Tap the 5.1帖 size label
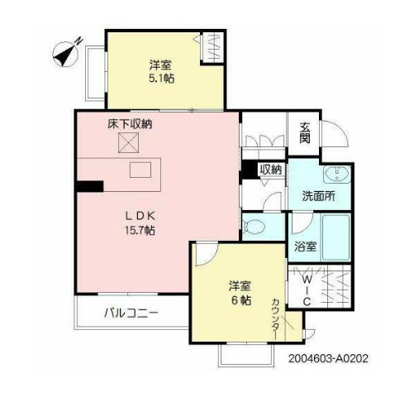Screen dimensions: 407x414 162,78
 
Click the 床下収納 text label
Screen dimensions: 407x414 129,124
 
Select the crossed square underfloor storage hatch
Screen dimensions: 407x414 127,144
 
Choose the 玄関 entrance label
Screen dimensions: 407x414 305,132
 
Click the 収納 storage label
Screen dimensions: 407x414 270,170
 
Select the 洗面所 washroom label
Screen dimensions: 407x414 318,196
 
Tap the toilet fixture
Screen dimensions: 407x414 256,225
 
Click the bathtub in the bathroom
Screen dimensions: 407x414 335,238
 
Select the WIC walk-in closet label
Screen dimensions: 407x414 304,290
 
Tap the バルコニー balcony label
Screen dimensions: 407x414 131,314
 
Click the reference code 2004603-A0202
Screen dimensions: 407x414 329,361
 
